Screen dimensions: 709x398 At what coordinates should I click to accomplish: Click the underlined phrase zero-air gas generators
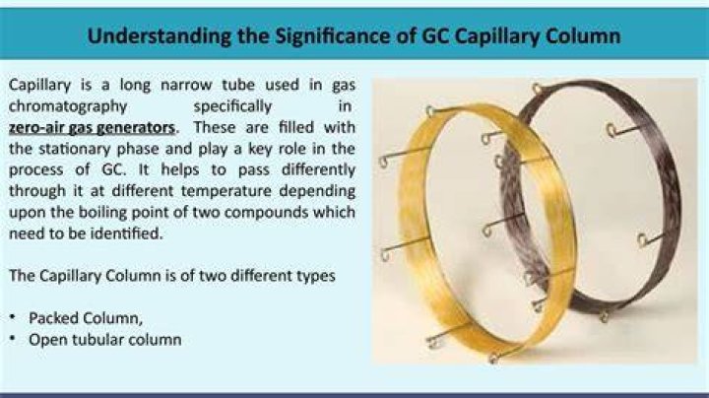[x=92, y=128]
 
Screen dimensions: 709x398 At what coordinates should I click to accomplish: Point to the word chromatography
[x=68, y=106]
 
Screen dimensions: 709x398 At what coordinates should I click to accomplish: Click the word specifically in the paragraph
[x=232, y=106]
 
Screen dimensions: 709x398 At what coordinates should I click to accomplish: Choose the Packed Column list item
[x=86, y=318]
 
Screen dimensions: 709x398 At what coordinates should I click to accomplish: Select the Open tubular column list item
[x=105, y=340]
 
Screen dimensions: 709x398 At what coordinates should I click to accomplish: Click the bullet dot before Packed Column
[x=13, y=317]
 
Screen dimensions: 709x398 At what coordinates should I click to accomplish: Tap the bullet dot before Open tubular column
[x=13, y=338]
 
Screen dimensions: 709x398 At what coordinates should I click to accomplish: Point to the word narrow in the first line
[x=186, y=85]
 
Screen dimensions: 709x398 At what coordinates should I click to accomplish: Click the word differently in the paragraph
[x=318, y=170]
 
